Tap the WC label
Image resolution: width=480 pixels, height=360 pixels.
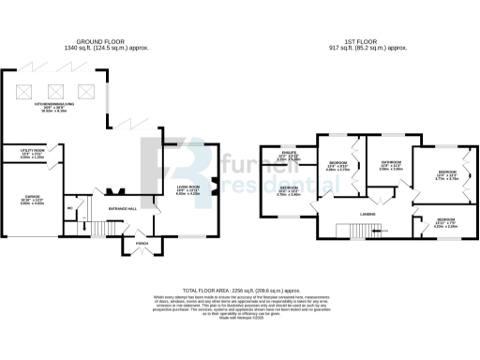(69, 208)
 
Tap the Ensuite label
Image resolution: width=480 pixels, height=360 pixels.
(289, 157)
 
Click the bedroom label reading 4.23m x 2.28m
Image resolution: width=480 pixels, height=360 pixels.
(445, 223)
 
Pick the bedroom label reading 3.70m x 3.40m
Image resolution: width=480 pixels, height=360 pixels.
(288, 192)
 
